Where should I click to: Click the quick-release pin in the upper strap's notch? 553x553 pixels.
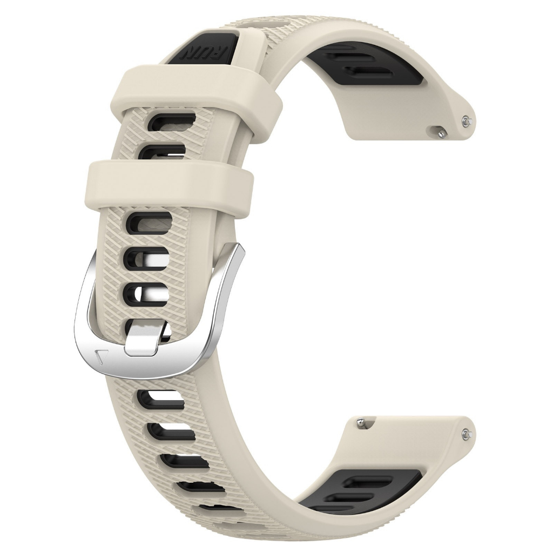[x=442, y=131]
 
